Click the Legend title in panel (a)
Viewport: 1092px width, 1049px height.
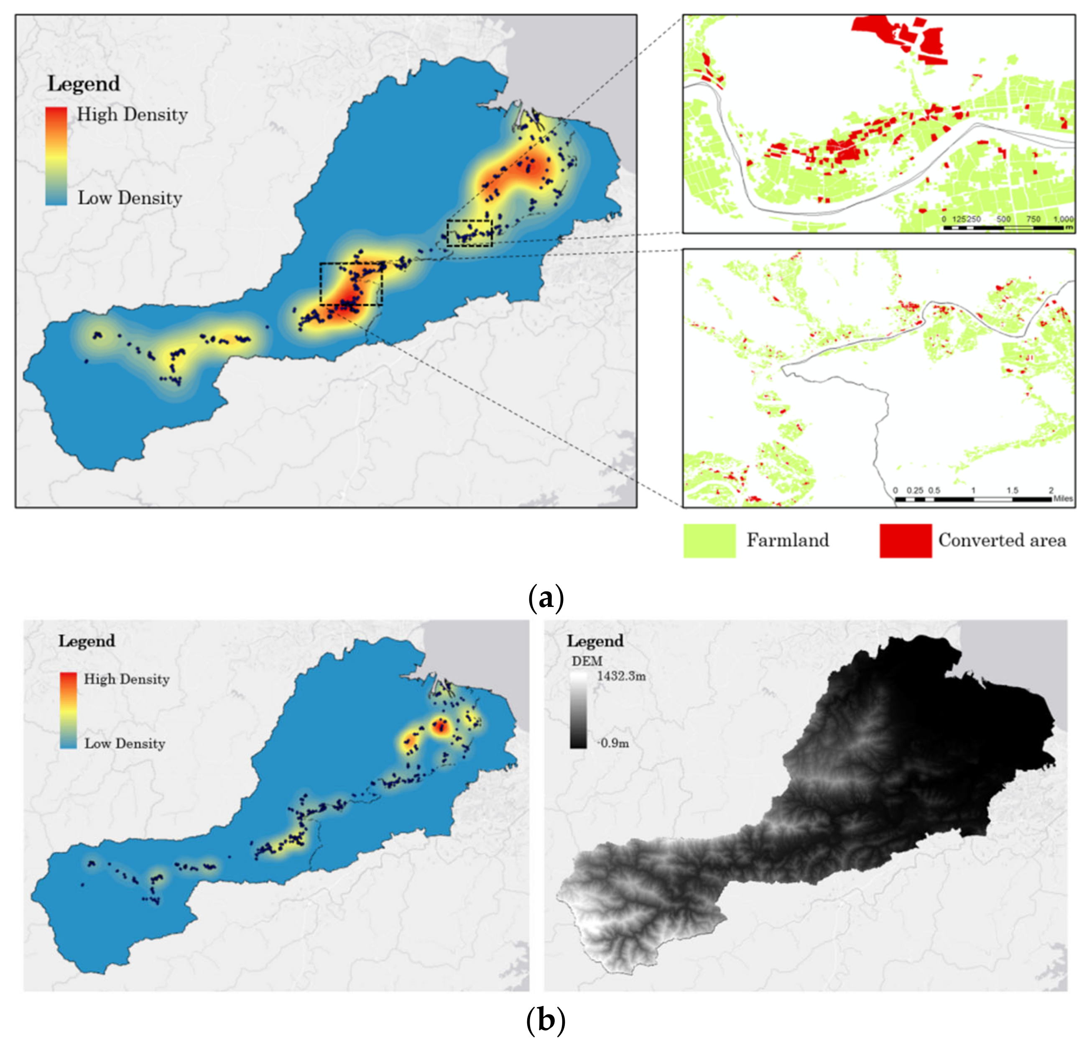coord(84,84)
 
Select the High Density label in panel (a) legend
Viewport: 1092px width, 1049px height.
coord(132,115)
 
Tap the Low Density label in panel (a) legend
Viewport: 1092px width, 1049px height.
coord(130,198)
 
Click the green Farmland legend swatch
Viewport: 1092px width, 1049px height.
coord(709,540)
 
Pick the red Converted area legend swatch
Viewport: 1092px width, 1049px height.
coord(906,540)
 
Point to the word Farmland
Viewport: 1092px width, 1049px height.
coord(788,540)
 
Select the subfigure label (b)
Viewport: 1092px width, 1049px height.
coord(546,1021)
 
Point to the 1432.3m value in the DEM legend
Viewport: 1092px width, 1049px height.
coord(622,676)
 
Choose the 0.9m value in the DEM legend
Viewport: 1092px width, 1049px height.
coord(615,743)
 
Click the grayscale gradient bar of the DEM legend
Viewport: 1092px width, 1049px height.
coord(578,709)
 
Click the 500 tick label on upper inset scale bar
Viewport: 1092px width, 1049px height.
coord(1003,219)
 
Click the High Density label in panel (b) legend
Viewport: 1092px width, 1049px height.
coord(127,679)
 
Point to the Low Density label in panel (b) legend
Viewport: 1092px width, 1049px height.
coord(125,744)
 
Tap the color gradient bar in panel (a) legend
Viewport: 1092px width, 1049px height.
coord(56,156)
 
